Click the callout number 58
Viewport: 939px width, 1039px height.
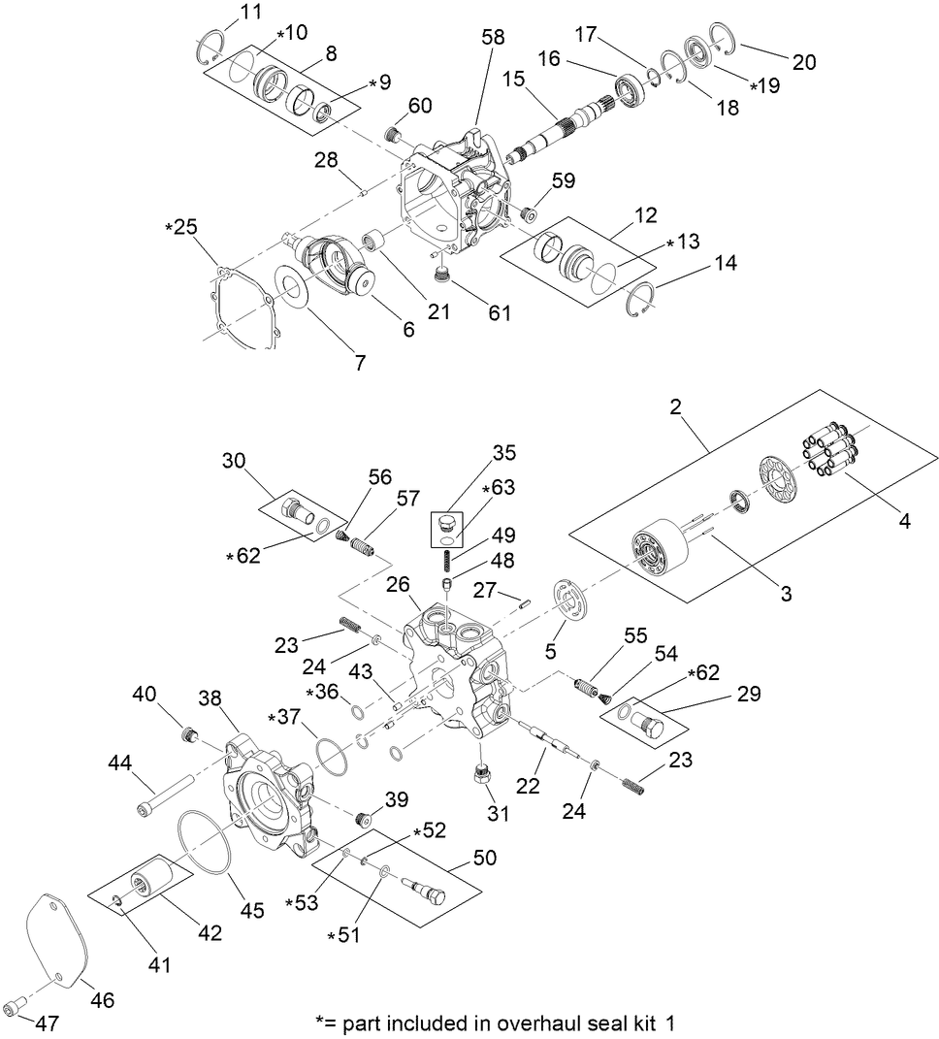(493, 37)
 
